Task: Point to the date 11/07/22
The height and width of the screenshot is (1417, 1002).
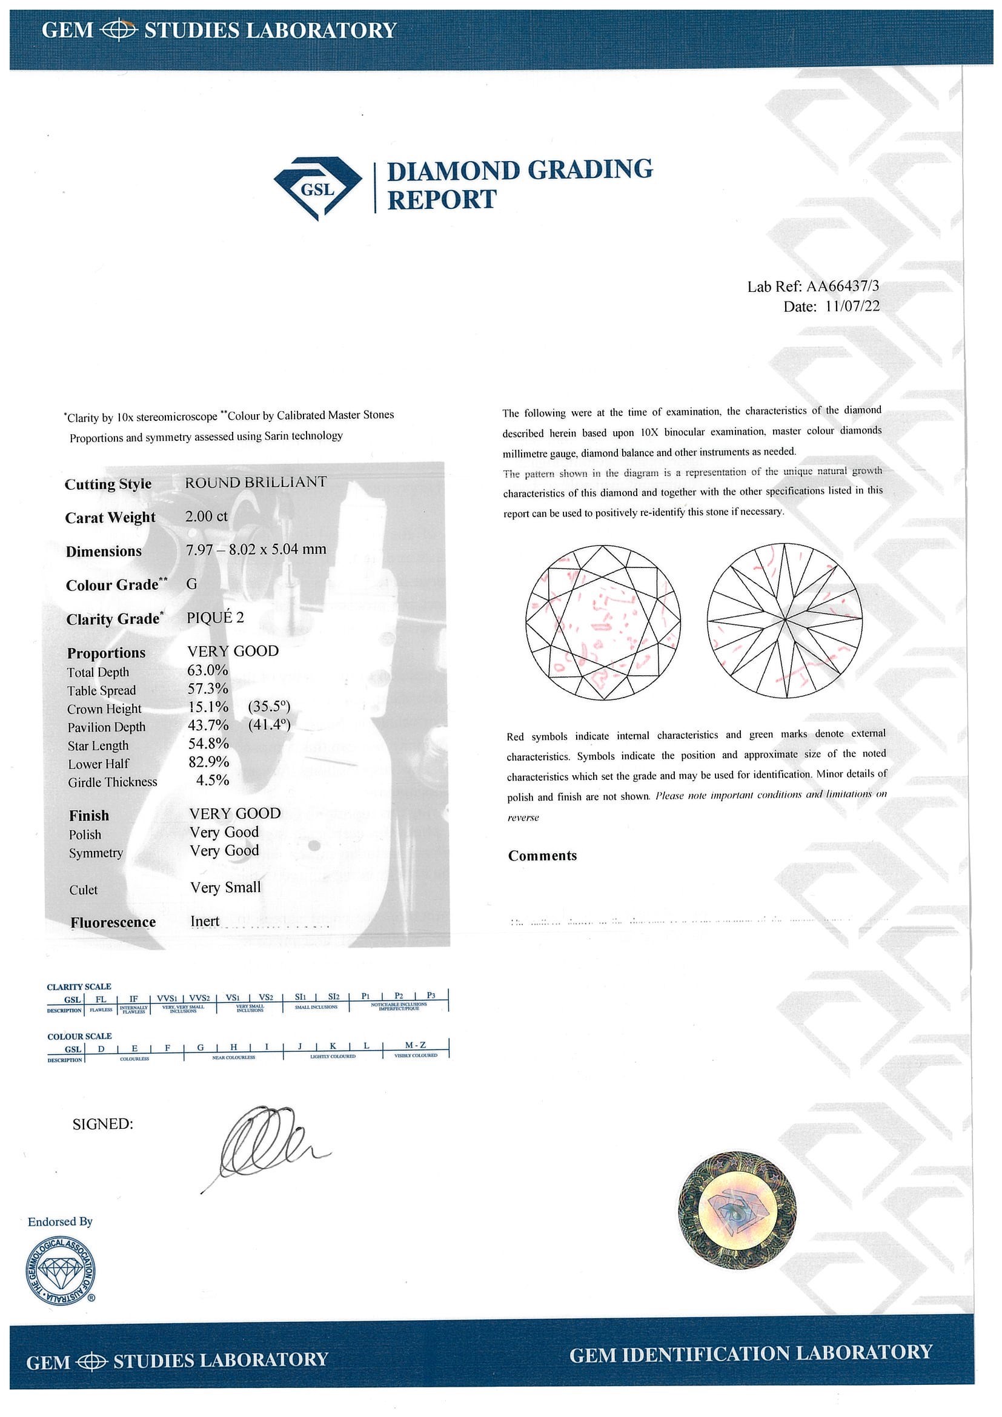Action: pyautogui.click(x=852, y=307)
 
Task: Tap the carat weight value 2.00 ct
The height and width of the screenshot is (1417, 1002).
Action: pyautogui.click(x=207, y=516)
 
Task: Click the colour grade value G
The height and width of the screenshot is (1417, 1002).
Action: pyautogui.click(x=191, y=583)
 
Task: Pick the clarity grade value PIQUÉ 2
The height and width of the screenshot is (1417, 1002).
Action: pyautogui.click(x=216, y=618)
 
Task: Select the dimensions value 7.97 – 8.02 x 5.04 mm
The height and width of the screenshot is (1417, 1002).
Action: pyautogui.click(x=256, y=549)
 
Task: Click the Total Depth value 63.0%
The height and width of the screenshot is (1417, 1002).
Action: pyautogui.click(x=208, y=670)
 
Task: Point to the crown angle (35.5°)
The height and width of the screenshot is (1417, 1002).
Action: pyautogui.click(x=268, y=706)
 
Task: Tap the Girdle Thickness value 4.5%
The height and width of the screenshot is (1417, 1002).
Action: pyautogui.click(x=213, y=780)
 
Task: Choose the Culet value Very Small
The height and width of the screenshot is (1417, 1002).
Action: pyautogui.click(x=225, y=888)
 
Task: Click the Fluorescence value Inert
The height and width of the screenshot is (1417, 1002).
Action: pyautogui.click(x=205, y=922)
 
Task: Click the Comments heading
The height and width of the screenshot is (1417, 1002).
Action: pyautogui.click(x=542, y=856)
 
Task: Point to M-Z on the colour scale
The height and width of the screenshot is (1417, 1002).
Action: pyautogui.click(x=415, y=1045)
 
